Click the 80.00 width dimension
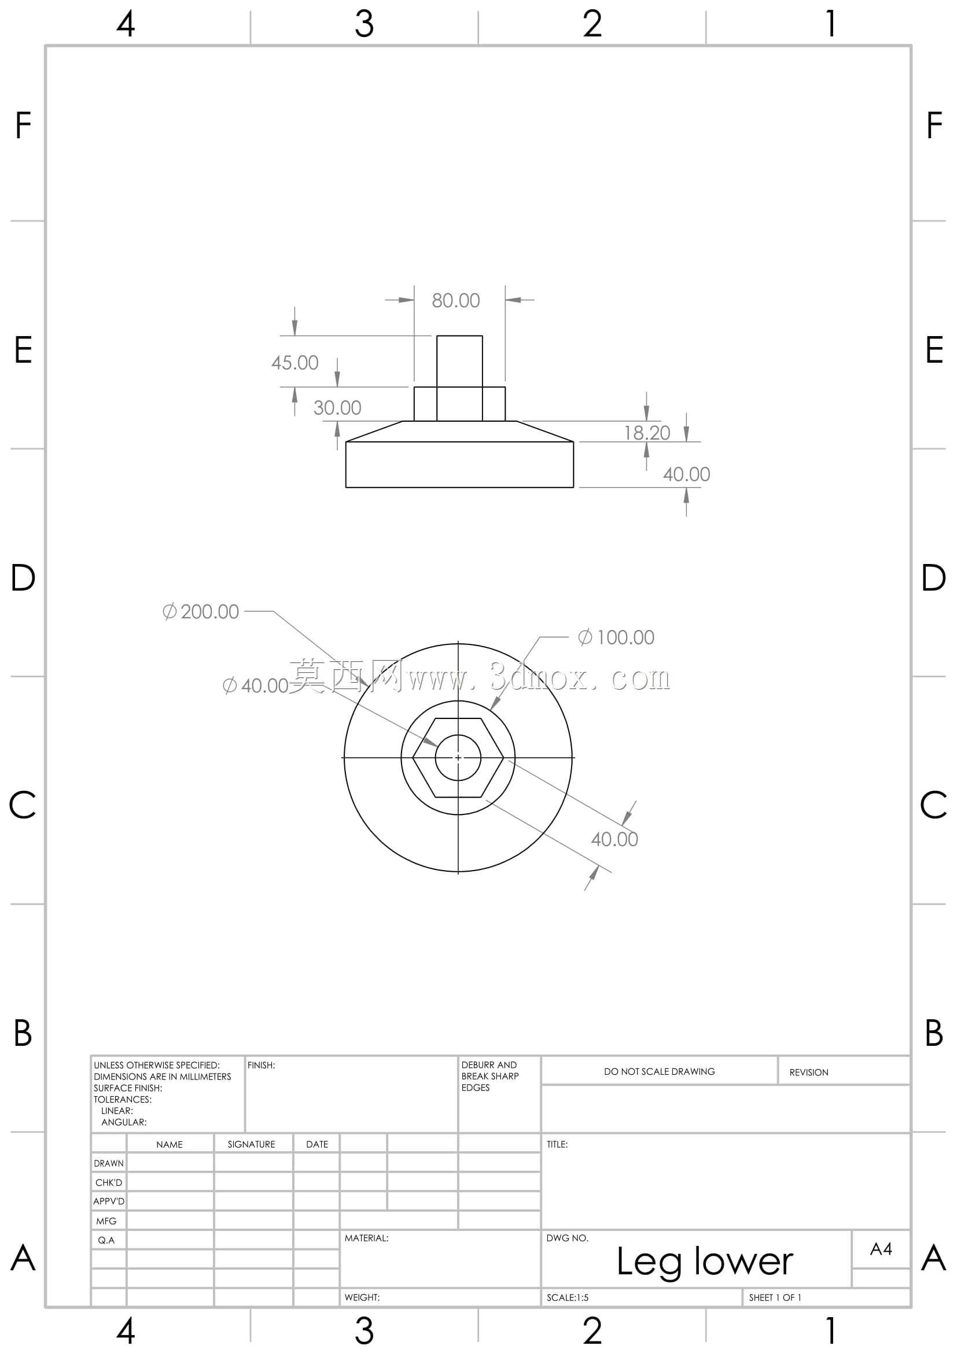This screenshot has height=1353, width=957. tap(455, 301)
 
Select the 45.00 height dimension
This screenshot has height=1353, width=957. tap(295, 363)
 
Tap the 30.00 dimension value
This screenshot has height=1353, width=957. tap(337, 408)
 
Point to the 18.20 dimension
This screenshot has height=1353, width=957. tap(647, 433)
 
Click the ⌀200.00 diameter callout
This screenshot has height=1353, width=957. tap(200, 611)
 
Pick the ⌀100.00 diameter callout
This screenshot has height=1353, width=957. tap(616, 637)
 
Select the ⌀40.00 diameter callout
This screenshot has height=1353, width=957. tap(255, 685)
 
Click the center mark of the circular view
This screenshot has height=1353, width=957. tap(458, 757)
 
